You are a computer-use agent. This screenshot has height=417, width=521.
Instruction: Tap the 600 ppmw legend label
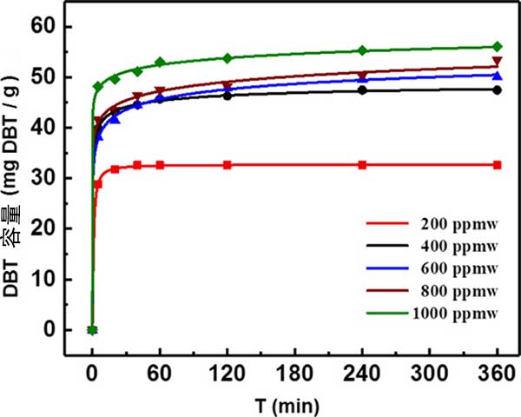(452, 267)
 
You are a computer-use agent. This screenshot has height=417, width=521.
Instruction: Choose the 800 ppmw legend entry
(452, 288)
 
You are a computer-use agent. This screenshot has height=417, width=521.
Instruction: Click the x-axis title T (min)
(293, 403)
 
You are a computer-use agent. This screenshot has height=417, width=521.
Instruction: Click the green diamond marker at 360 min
(498, 47)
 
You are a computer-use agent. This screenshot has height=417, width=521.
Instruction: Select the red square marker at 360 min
(498, 165)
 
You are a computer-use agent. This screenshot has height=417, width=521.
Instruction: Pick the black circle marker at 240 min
(362, 89)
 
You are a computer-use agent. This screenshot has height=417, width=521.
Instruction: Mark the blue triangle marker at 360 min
(498, 74)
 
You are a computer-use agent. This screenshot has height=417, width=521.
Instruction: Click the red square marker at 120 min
(228, 165)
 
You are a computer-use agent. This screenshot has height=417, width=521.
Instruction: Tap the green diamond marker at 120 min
(228, 58)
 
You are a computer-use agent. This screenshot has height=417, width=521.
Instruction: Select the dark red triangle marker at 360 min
(498, 62)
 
